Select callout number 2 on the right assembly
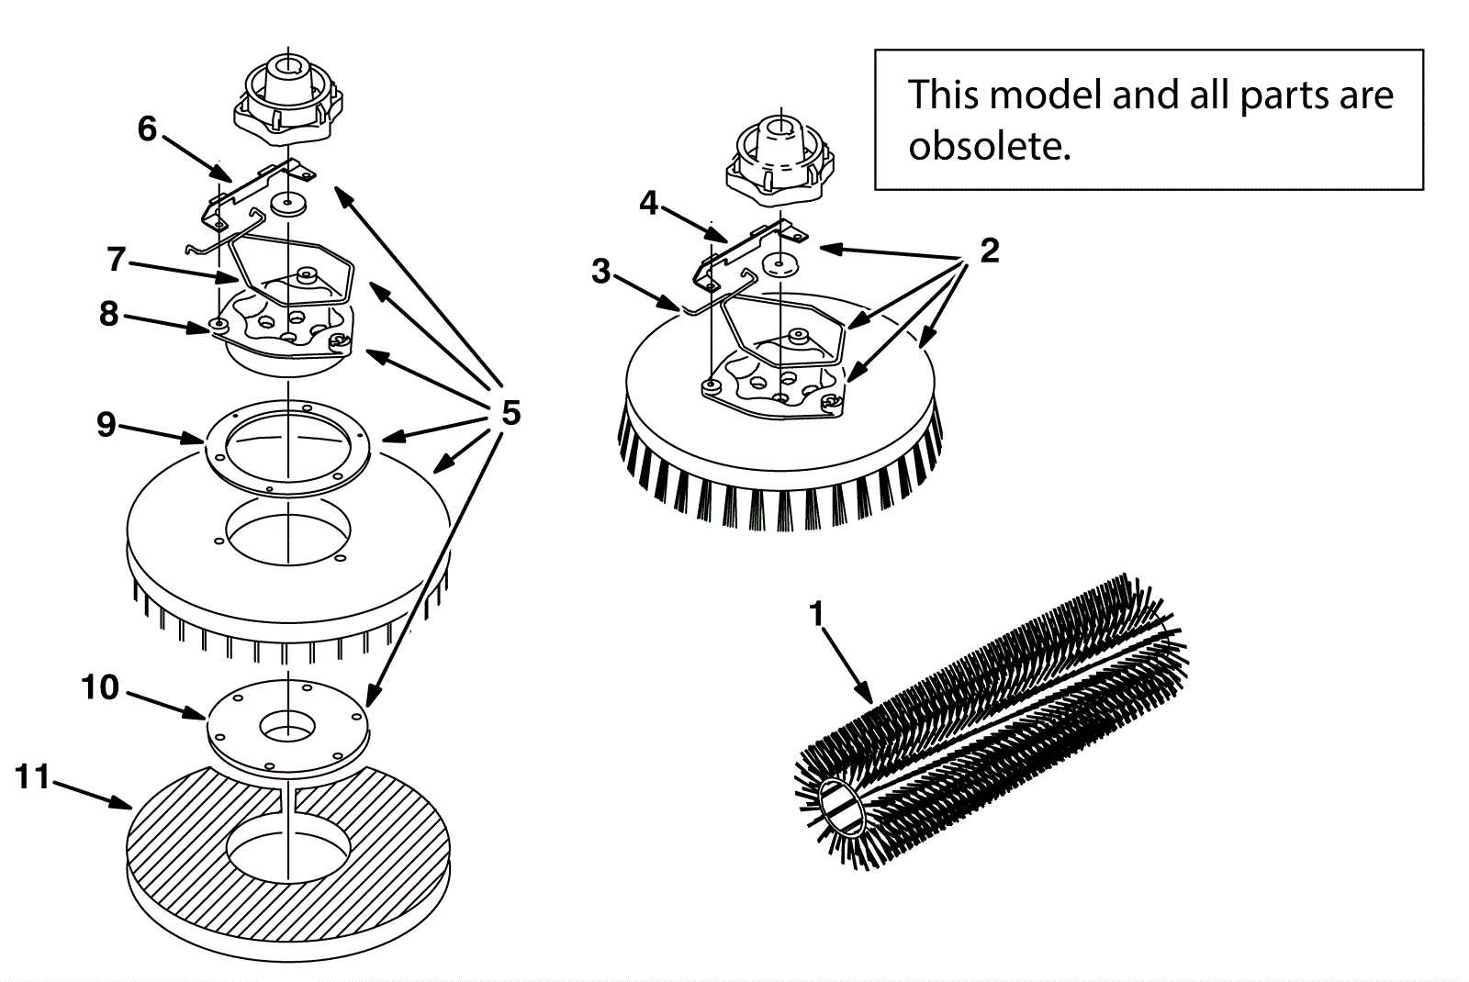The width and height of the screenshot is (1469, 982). (989, 251)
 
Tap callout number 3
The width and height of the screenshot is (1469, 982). (601, 271)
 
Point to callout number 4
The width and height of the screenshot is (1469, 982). (649, 203)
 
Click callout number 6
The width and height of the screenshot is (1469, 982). (148, 128)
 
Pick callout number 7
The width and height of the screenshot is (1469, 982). (116, 260)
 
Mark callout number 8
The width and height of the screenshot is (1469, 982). (109, 314)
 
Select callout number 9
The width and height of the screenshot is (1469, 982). (107, 424)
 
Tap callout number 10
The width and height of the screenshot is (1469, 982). (100, 687)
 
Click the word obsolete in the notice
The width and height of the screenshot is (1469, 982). (989, 147)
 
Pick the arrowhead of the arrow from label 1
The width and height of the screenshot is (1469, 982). (868, 697)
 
